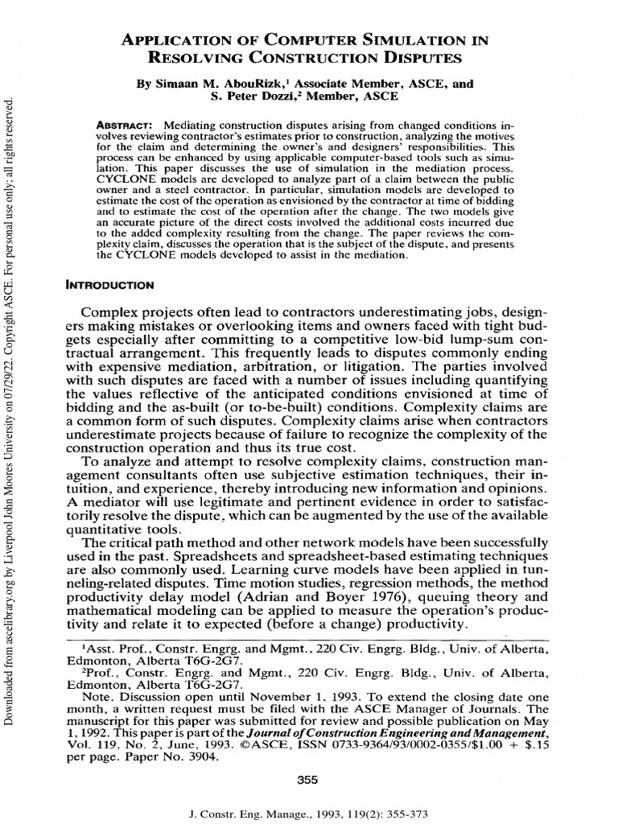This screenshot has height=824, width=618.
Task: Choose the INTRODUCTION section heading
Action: point(110,284)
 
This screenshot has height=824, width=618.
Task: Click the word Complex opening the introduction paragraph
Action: point(114,312)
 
